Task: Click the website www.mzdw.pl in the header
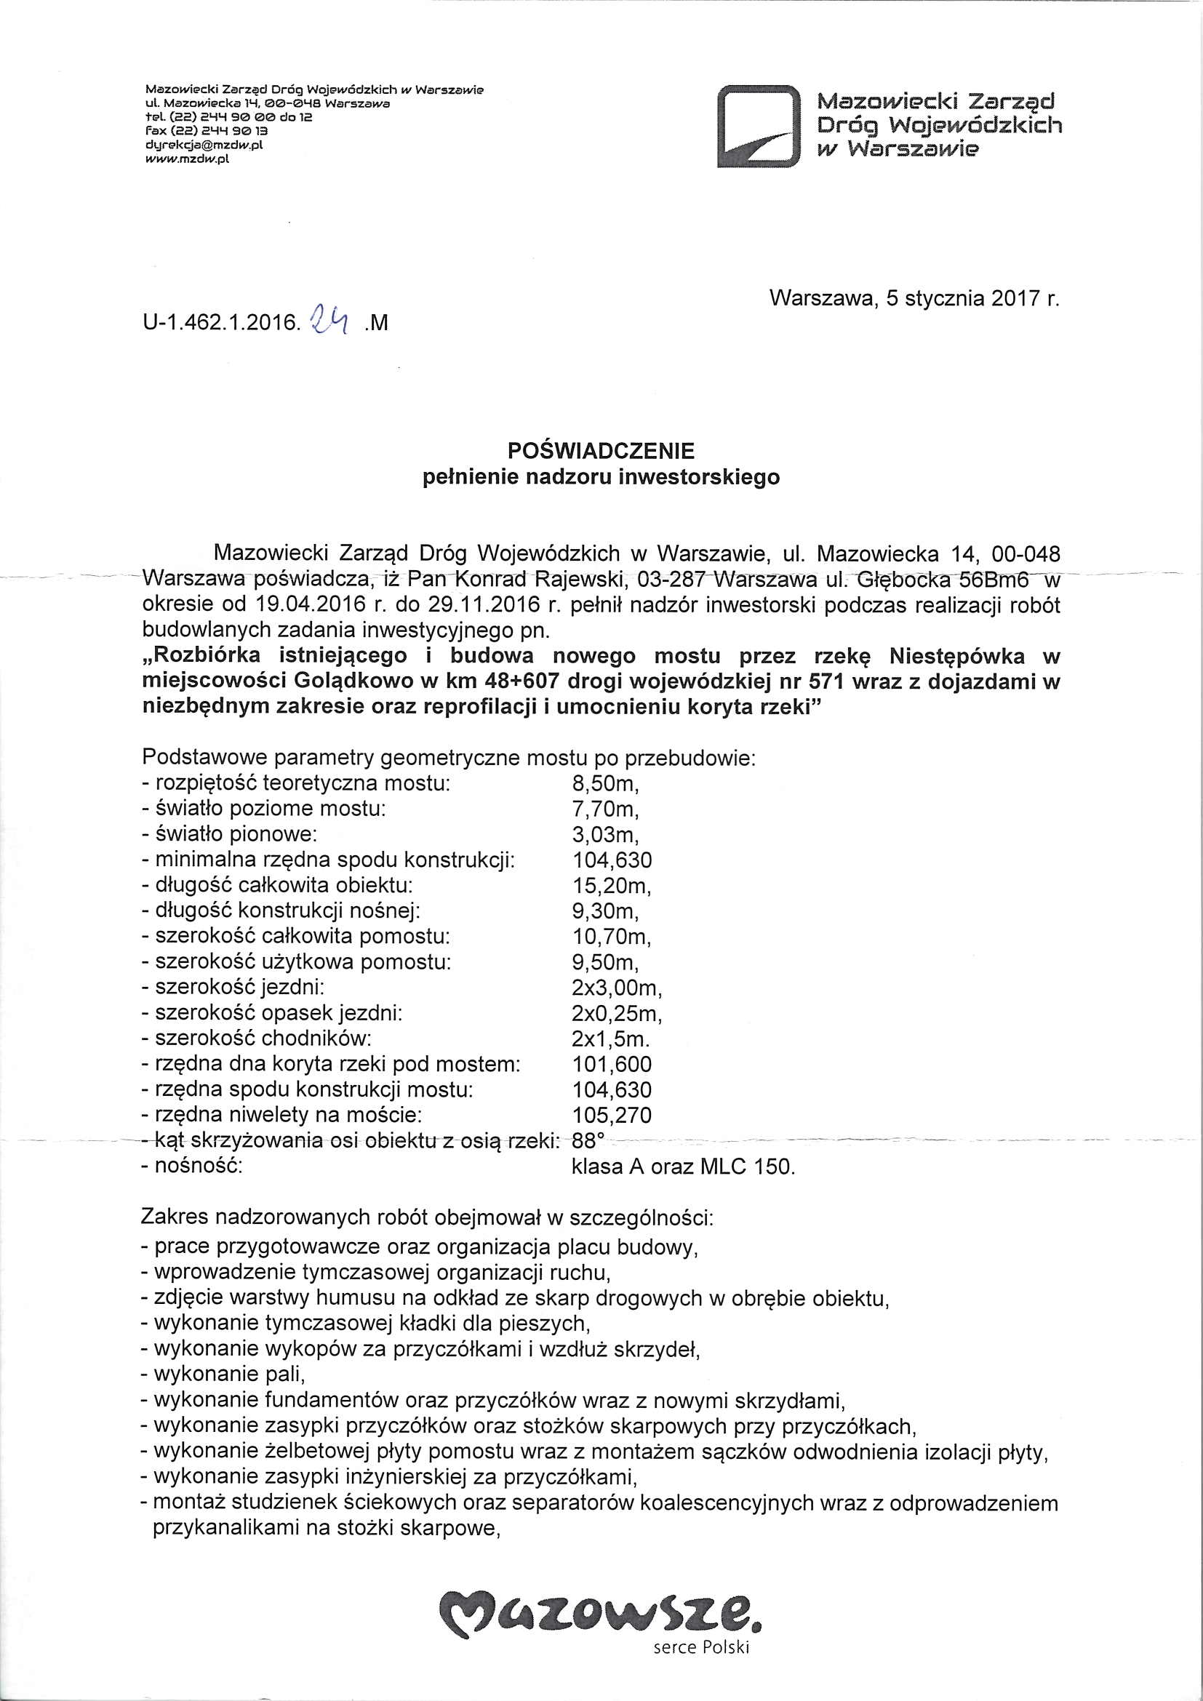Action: coord(189,157)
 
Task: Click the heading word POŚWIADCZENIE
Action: coord(601,450)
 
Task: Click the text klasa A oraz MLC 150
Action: coord(683,1166)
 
